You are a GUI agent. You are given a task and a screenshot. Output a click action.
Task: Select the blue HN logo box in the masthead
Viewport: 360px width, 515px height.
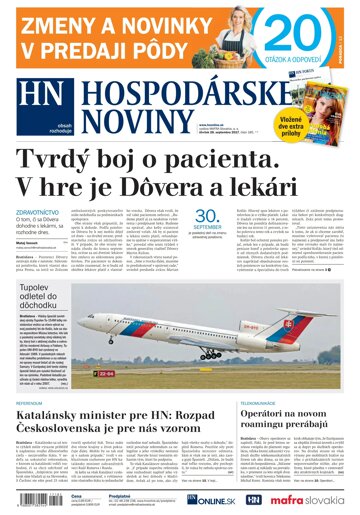tap(42, 94)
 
